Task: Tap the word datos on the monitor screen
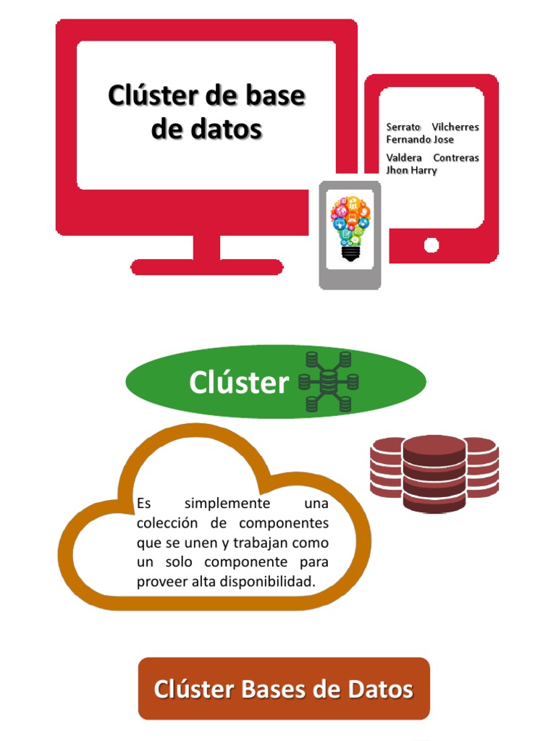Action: click(x=226, y=130)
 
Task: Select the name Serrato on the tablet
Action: click(x=403, y=127)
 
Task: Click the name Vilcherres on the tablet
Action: click(x=455, y=127)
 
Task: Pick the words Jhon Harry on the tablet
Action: click(x=411, y=171)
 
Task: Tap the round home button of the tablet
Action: click(x=431, y=245)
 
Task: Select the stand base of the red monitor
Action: click(x=206, y=266)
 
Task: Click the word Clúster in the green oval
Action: click(x=239, y=383)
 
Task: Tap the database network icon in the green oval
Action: click(x=329, y=381)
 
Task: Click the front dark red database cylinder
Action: click(x=434, y=474)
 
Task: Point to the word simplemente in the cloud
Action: click(x=227, y=504)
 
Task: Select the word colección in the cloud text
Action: click(x=168, y=523)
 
